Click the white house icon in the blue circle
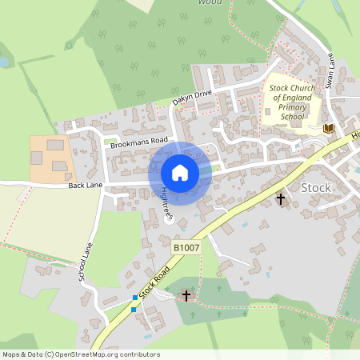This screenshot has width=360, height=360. (x=180, y=173)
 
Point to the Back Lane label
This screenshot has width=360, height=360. (x=86, y=185)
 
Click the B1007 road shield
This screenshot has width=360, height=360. (x=186, y=248)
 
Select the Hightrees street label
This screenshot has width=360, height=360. (x=166, y=203)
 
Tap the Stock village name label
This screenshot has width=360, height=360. (x=315, y=187)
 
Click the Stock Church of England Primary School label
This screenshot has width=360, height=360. (x=290, y=102)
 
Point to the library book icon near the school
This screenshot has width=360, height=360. (x=327, y=128)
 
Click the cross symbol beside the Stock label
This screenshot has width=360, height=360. (x=281, y=198)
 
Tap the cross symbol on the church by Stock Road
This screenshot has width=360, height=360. (x=186, y=296)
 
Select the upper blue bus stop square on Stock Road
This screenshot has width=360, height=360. (x=134, y=298)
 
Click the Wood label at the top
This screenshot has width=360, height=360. (x=209, y=2)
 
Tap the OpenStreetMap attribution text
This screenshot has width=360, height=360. (x=80, y=354)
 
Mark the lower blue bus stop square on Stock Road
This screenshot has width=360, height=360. (x=133, y=309)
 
